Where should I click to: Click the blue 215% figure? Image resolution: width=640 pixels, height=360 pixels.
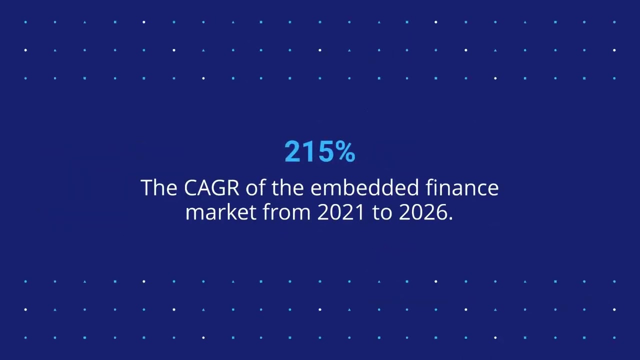pos(319,151)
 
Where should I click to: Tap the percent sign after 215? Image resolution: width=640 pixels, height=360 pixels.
pos(345,151)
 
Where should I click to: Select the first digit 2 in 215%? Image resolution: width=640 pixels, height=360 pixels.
pos(292,151)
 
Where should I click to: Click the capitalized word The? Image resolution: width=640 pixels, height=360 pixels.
pos(159,188)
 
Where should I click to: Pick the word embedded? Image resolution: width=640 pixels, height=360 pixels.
pos(364,188)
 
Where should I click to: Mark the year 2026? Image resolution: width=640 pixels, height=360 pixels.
pos(422,212)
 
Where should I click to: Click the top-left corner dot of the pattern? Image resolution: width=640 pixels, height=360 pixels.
pos(25,22)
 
